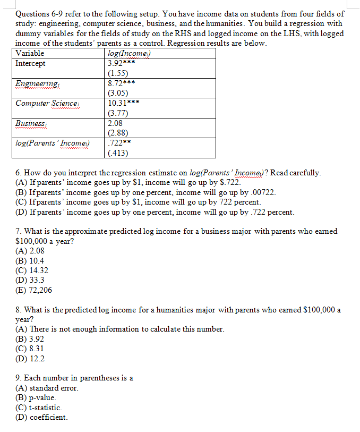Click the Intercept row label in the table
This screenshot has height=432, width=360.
tap(31, 64)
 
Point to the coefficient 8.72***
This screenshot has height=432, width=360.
tap(121, 83)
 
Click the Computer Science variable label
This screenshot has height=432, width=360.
tap(48, 103)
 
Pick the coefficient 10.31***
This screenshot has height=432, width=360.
tap(123, 103)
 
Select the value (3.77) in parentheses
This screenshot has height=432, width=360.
tap(117, 113)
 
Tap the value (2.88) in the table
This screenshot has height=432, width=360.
tap(117, 133)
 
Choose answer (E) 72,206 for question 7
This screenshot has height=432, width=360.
tap(34, 290)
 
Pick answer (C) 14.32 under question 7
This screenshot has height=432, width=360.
tap(32, 270)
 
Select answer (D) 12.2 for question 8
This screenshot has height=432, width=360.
tap(30, 359)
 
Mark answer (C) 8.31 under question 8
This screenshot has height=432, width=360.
tap(30, 349)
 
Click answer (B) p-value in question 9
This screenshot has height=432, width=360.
tap(36, 397)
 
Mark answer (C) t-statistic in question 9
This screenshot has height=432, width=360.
tap(39, 408)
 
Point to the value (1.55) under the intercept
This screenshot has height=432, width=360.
tap(117, 73)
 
